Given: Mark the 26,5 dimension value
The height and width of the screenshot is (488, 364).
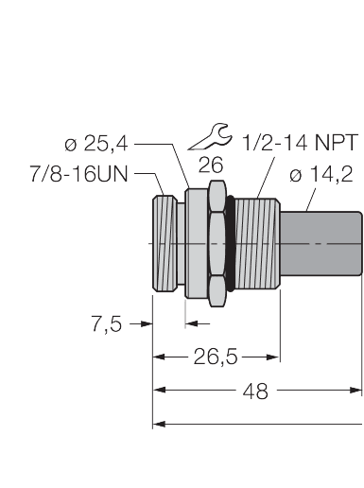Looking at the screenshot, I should pyautogui.click(x=217, y=357).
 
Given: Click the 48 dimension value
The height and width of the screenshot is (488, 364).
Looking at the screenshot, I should pyautogui.click(x=255, y=391).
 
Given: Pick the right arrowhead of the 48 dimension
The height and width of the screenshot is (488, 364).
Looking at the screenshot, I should pyautogui.click(x=356, y=390).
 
